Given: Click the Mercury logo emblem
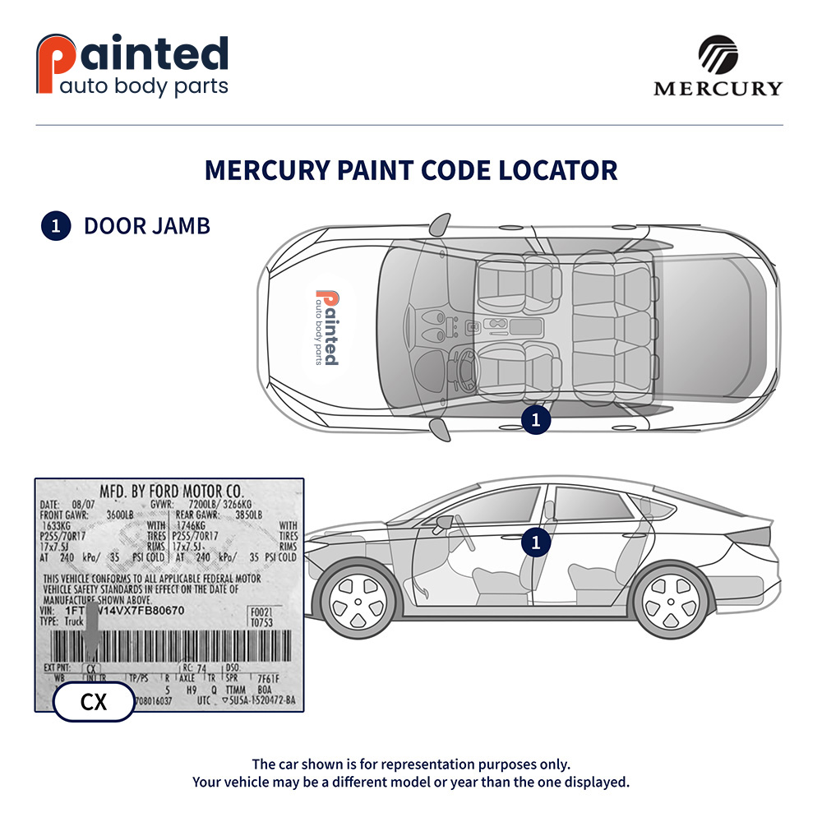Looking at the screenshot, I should tap(718, 55).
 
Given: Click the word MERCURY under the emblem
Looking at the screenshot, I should tap(718, 88).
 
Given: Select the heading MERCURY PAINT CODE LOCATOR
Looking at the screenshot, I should tap(411, 170).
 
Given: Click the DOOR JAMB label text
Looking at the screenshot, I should tap(147, 225).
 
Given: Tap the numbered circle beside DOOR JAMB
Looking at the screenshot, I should tap(55, 226).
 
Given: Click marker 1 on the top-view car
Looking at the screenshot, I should tap(535, 420).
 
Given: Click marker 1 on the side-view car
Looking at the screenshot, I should tap(535, 542).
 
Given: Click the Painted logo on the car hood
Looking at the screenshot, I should tap(326, 327).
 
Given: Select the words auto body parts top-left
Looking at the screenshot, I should tap(144, 87).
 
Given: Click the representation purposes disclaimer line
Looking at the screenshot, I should tap(411, 764).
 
